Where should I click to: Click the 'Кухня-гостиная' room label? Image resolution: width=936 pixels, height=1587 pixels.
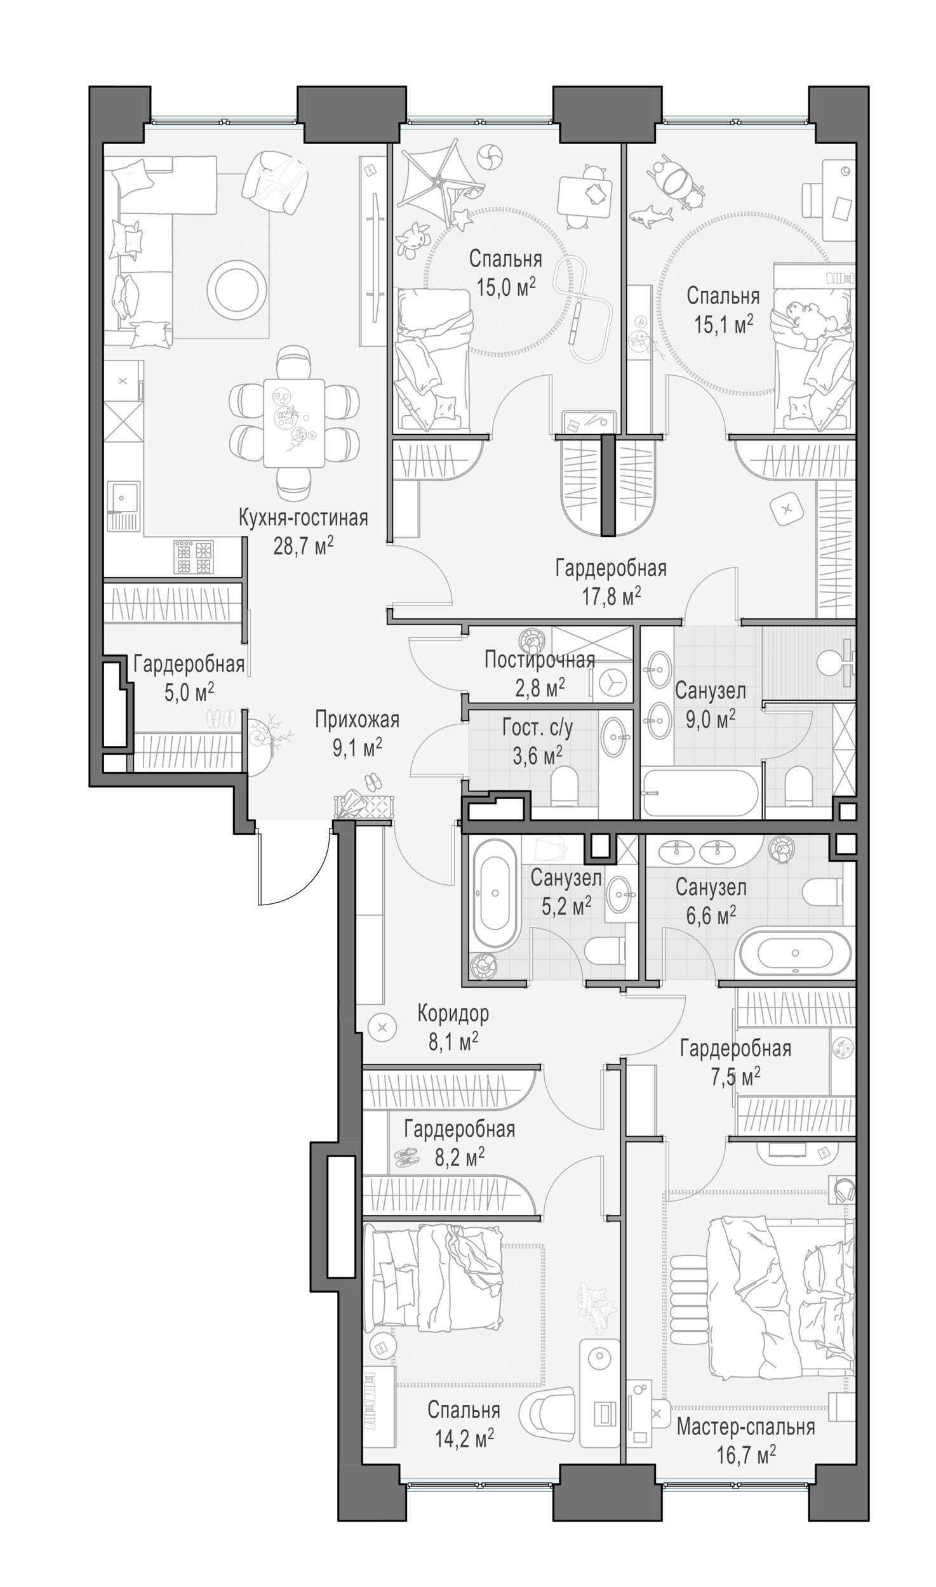pyautogui.click(x=303, y=517)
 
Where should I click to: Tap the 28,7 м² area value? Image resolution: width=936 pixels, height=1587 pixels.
pyautogui.click(x=303, y=546)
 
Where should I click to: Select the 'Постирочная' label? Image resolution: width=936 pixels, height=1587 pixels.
pyautogui.click(x=539, y=660)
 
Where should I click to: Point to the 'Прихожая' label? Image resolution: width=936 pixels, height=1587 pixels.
pyautogui.click(x=357, y=720)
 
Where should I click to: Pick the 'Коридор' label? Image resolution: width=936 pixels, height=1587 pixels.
pyautogui.click(x=453, y=1014)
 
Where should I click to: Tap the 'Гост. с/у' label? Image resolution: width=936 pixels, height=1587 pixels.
pyautogui.click(x=537, y=728)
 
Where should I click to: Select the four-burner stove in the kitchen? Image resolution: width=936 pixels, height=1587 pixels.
pyautogui.click(x=194, y=556)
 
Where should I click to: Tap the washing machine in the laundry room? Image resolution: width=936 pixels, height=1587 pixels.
pyautogui.click(x=612, y=682)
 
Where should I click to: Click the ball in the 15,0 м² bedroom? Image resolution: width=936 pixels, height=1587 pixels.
pyautogui.click(x=490, y=155)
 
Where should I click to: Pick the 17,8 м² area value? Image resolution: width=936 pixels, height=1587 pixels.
pyautogui.click(x=611, y=597)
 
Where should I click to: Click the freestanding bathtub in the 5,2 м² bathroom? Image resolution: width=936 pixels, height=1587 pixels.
pyautogui.click(x=495, y=894)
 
